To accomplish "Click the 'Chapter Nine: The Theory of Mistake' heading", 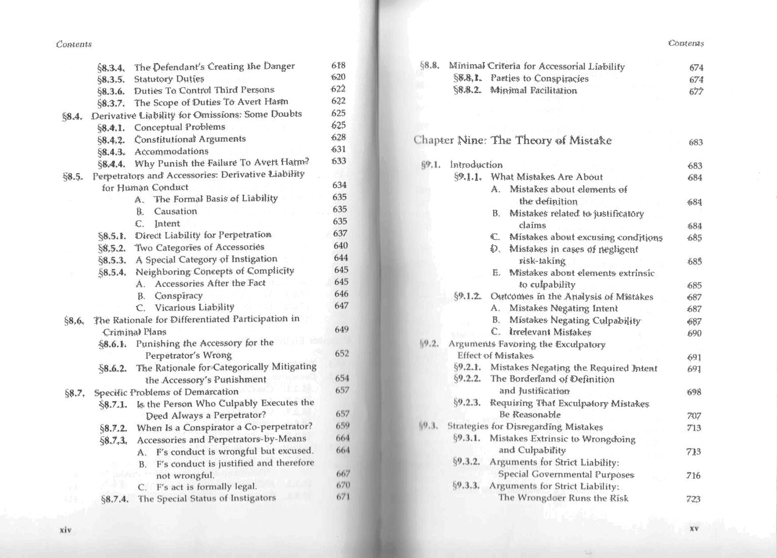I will pos(512,140).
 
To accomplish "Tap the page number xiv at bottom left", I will pos(65,530).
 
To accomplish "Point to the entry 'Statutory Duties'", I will pos(169,79).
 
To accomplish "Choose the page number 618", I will pos(338,65).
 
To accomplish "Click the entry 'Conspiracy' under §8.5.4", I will pos(179,295).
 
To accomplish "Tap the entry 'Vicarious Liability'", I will pos(194,307).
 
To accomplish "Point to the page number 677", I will pos(696,92).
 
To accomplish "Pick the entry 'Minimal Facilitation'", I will pos(533,91).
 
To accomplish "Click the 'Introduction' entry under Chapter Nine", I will pos(476,165).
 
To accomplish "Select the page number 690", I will pos(695,333).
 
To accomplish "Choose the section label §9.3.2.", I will pos(466,462).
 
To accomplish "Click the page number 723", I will pos(694,499).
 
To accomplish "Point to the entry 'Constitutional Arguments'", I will pos(190,139).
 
